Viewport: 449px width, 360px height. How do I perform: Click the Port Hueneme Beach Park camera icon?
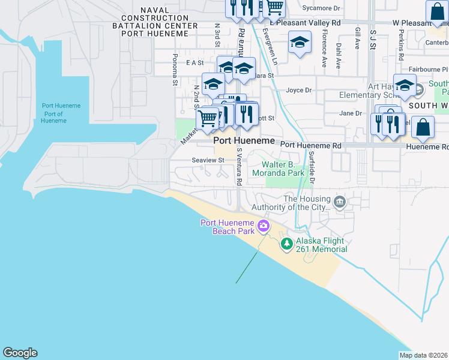click(262, 226)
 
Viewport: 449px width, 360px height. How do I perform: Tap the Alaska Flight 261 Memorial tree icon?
click(287, 243)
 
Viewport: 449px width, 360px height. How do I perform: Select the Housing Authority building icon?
click(340, 202)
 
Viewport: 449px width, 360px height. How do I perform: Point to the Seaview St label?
click(208, 160)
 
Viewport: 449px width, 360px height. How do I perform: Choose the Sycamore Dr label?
click(321, 8)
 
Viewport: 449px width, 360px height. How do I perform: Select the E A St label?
click(196, 62)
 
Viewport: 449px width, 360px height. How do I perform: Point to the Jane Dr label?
click(351, 113)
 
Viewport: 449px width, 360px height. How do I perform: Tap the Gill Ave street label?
click(358, 38)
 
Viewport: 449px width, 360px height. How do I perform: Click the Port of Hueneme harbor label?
click(61, 113)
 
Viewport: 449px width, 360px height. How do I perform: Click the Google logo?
click(20, 353)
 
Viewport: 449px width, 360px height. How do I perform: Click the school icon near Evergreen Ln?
click(300, 43)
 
